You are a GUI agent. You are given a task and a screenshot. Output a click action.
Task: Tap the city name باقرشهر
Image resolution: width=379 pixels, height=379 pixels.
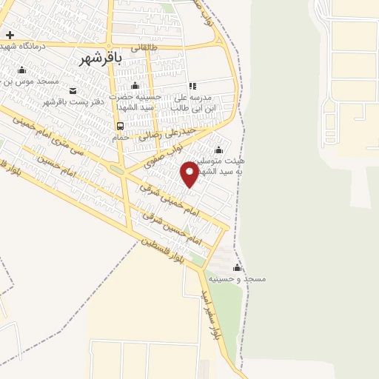pyautogui.click(x=99, y=58)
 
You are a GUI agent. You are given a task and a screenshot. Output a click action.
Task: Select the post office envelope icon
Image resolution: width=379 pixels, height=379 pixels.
pyautogui.click(x=72, y=90)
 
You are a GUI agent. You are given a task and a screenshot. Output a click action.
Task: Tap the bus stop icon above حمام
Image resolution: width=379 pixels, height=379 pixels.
pyautogui.click(x=120, y=126)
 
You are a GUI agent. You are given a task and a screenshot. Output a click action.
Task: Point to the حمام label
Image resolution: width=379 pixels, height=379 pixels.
pyautogui.click(x=121, y=137)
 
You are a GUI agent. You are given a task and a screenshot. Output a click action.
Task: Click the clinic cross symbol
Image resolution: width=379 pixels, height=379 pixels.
pyautogui.click(x=10, y=35)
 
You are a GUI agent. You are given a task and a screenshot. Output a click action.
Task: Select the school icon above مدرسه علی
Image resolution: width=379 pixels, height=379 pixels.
pyautogui.click(x=192, y=86)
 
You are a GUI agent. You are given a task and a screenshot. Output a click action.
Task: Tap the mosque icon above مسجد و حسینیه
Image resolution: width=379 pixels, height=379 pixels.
pyautogui.click(x=237, y=267)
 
